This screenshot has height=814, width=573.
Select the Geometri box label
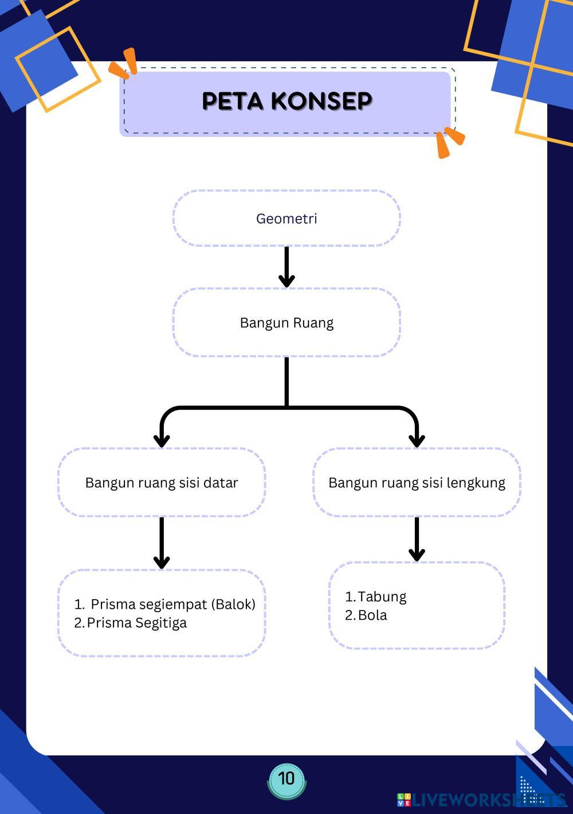286,218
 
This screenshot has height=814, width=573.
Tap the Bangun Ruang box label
286,323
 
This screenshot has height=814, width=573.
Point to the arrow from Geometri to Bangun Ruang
286,267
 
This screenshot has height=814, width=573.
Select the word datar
220,483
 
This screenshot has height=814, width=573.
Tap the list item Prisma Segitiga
137,623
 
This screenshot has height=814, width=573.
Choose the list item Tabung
382,597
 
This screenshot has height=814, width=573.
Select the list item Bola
372,615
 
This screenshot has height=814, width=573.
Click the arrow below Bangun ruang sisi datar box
162,542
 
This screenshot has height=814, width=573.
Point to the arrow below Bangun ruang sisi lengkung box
417,539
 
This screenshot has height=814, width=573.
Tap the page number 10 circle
286,778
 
